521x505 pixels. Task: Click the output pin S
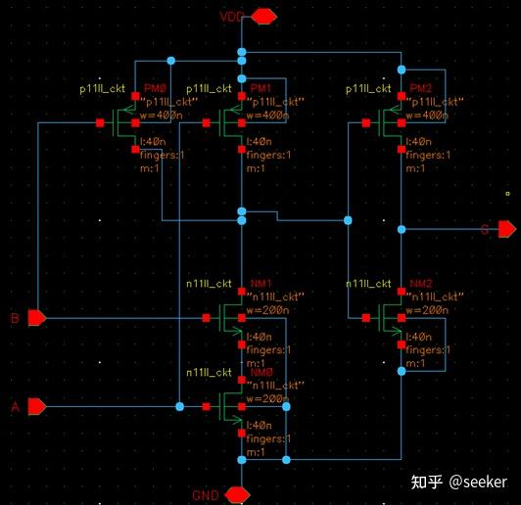coord(506,229)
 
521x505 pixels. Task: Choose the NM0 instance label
coord(260,373)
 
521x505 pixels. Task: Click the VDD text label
coord(230,16)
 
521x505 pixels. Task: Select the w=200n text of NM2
coord(427,310)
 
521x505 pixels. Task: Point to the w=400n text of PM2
coord(427,115)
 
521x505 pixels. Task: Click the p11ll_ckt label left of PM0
coord(104,89)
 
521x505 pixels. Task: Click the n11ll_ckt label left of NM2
coord(369,285)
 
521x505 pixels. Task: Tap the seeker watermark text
coord(478,482)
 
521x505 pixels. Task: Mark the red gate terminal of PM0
coord(101,123)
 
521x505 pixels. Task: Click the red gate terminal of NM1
coord(207,318)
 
